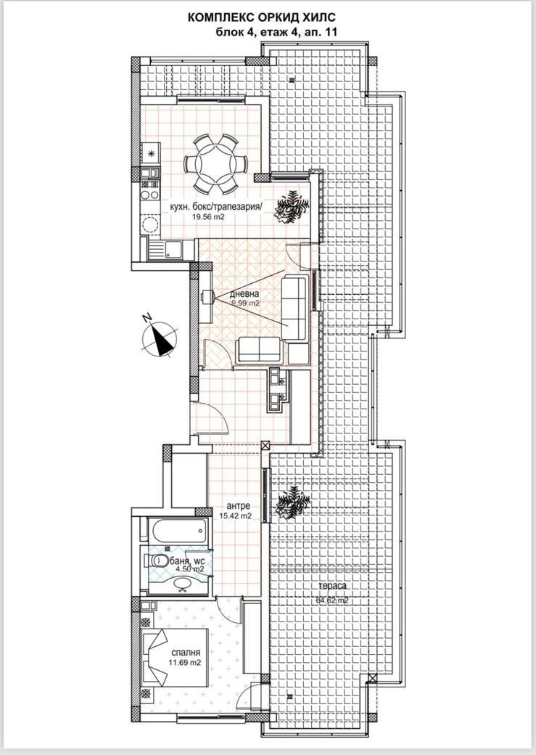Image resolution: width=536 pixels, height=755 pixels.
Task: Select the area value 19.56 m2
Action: (207, 216)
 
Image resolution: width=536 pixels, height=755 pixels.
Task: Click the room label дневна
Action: (245, 293)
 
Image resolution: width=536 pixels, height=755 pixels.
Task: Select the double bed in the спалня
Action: (157, 656)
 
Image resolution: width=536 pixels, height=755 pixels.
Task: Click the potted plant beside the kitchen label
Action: (292, 205)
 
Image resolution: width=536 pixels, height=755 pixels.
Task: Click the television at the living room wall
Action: (315, 287)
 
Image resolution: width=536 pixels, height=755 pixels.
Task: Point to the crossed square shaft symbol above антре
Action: (265, 446)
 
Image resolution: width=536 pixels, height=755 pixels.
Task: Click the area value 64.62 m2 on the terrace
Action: (332, 600)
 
